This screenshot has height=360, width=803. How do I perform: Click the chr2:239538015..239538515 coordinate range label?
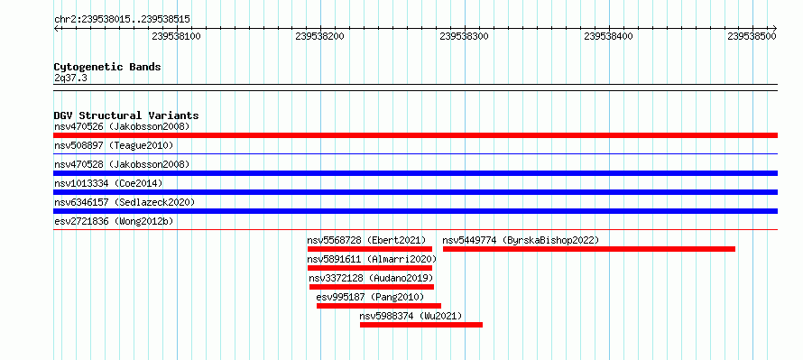pyautogui.click(x=122, y=20)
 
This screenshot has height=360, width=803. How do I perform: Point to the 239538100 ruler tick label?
pyautogui.click(x=176, y=36)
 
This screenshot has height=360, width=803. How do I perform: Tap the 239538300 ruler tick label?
pyautogui.click(x=464, y=36)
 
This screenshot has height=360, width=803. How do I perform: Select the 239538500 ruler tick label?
pyautogui.click(x=752, y=36)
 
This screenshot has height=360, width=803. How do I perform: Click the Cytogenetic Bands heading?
pyautogui.click(x=107, y=67)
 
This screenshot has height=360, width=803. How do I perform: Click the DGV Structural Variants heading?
pyautogui.click(x=126, y=115)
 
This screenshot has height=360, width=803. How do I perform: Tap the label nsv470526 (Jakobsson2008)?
pyautogui.click(x=122, y=126)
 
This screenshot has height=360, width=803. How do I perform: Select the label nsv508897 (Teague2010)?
pyautogui.click(x=114, y=146)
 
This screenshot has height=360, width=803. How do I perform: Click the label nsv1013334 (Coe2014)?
pyautogui.click(x=108, y=183)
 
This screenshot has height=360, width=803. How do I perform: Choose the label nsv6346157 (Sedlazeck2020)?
pyautogui.click(x=125, y=202)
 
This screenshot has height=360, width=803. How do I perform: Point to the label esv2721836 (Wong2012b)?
pyautogui.click(x=114, y=222)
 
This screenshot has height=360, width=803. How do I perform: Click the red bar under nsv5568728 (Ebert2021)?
pyautogui.click(x=370, y=249)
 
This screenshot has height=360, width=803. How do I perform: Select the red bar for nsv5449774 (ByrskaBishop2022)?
pyautogui.click(x=589, y=249)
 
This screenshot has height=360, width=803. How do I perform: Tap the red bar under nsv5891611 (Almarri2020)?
pyautogui.click(x=370, y=268)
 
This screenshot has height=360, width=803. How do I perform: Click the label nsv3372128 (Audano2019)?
pyautogui.click(x=372, y=278)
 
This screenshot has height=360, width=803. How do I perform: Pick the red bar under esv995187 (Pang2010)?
pyautogui.click(x=379, y=306)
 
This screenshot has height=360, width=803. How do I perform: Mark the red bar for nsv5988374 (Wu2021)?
pyautogui.click(x=421, y=325)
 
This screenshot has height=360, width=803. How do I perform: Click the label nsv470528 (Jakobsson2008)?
pyautogui.click(x=122, y=164)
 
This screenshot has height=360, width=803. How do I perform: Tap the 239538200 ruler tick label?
pyautogui.click(x=320, y=36)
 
